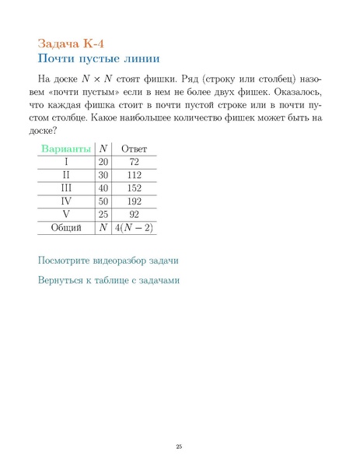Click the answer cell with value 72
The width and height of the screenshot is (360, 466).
135,162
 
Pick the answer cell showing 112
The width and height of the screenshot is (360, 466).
135,175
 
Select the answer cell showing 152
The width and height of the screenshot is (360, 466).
135,188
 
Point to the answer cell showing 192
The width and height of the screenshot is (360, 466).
135,201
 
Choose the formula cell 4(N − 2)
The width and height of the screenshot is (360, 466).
135,228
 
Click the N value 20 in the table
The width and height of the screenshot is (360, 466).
103,162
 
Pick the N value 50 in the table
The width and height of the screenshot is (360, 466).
103,201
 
